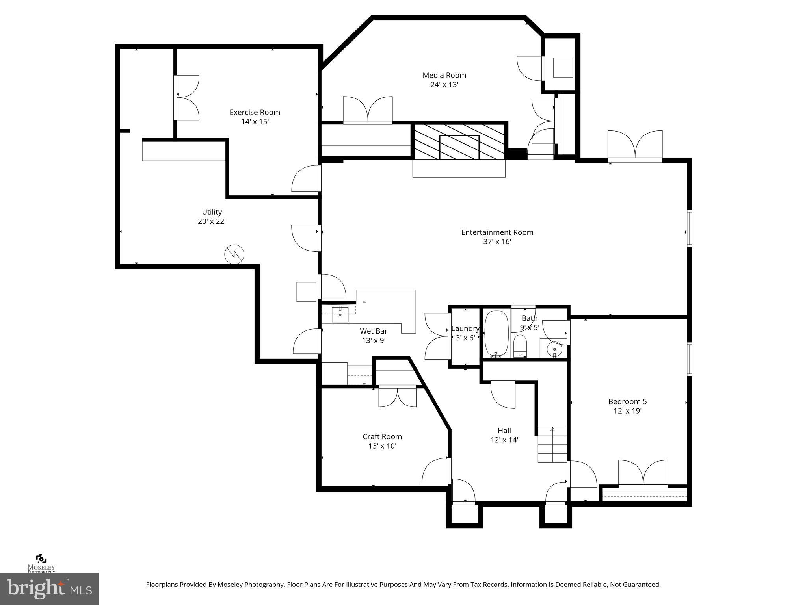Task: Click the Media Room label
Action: click(444, 75)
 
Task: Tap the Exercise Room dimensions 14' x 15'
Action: click(255, 122)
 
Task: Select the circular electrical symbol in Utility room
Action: click(234, 254)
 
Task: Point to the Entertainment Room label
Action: click(497, 232)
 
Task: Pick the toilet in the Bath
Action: click(520, 346)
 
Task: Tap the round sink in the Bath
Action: click(554, 349)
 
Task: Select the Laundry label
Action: click(465, 328)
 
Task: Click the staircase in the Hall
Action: click(552, 445)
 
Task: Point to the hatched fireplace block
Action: click(459, 142)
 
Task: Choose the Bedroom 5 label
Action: click(627, 401)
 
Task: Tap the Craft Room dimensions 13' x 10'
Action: click(382, 446)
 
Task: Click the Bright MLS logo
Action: click(49, 588)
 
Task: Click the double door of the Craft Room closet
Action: click(397, 397)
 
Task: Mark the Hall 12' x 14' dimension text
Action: click(504, 440)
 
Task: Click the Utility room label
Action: click(212, 212)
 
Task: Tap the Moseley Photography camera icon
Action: click(41, 559)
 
